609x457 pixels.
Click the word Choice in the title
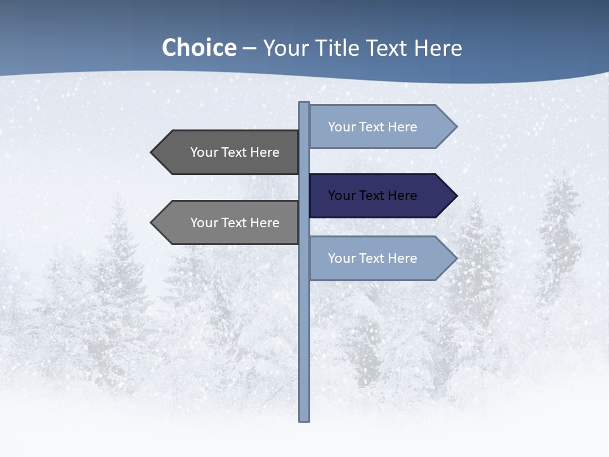(199, 48)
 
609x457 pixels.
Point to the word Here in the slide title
(438, 48)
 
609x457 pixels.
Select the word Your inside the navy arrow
(342, 195)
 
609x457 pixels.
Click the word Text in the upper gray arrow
(234, 152)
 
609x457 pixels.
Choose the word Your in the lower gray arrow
(204, 223)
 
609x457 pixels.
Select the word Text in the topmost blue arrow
(372, 127)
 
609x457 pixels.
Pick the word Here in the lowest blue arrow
(402, 258)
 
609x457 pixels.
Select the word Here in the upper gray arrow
(265, 152)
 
